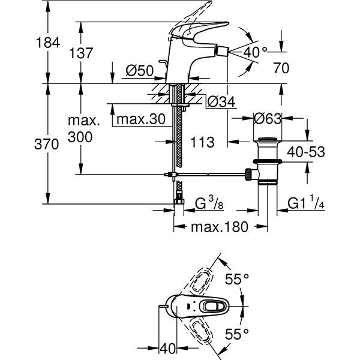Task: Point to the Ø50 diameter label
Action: (139, 71)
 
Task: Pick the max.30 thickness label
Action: (140, 119)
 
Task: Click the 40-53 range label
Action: (305, 152)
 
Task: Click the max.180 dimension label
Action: (219, 227)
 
